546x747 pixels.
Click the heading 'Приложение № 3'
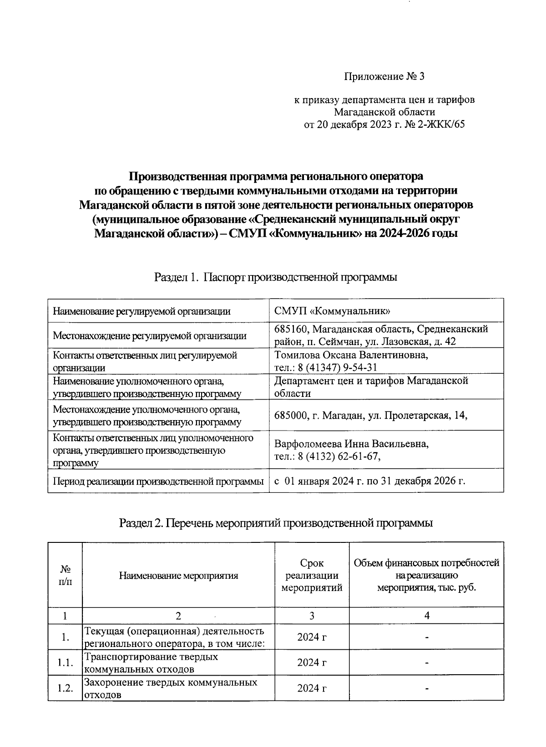pos(384,76)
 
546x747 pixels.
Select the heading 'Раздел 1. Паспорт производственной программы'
pos(275,277)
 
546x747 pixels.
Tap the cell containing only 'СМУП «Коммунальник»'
pos(332,311)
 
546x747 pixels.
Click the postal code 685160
pos(291,329)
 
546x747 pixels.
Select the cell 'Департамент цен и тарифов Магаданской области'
pos(371,386)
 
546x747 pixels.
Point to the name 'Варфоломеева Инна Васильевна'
pos(351,443)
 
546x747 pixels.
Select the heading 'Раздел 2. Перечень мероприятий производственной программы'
pos(275,523)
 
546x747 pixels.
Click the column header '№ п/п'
pos(65,575)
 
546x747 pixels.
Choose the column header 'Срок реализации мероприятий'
pos(312,575)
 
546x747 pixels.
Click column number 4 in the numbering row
pos(426,616)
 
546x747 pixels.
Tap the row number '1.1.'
pos(65,663)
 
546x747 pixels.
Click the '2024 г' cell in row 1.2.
pos(312,688)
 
